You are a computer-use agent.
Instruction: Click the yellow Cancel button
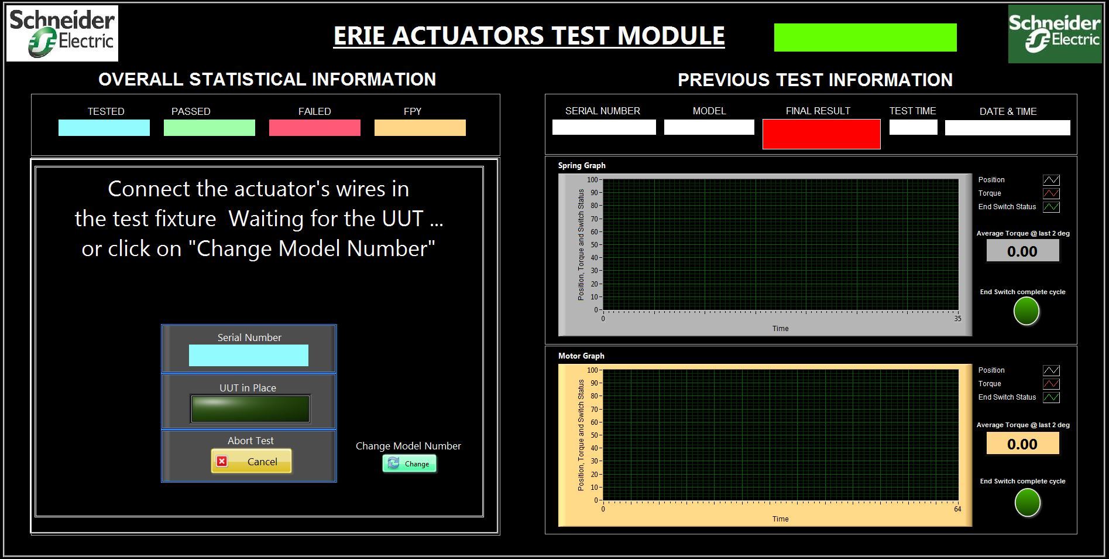click(x=251, y=461)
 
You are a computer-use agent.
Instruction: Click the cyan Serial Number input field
click(x=249, y=356)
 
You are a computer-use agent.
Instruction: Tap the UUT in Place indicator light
click(x=250, y=409)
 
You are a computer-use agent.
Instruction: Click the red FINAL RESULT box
click(x=821, y=134)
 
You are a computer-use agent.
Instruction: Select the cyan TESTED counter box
click(x=104, y=128)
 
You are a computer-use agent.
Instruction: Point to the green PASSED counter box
click(x=210, y=128)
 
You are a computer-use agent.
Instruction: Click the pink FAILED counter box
click(x=315, y=128)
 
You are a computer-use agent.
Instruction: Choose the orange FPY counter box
click(x=420, y=128)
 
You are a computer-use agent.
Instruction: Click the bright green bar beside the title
click(x=866, y=38)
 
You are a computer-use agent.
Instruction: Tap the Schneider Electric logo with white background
click(x=62, y=33)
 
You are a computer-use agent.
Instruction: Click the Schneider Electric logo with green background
click(x=1055, y=34)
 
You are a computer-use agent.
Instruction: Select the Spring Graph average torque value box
click(x=1022, y=251)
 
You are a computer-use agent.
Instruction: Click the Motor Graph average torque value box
click(x=1022, y=444)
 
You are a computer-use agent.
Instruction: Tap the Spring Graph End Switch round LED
click(x=1026, y=311)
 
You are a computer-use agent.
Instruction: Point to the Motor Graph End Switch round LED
click(x=1027, y=503)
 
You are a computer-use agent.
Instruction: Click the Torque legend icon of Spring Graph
click(x=1051, y=193)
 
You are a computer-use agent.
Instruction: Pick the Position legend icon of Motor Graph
click(x=1051, y=370)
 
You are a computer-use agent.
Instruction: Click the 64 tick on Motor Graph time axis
click(x=957, y=509)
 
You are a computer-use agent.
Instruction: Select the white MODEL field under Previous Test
click(x=709, y=127)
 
